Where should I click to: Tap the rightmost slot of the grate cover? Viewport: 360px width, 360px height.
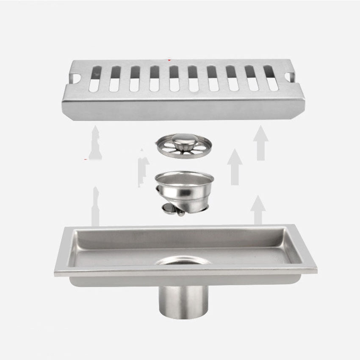[271, 78]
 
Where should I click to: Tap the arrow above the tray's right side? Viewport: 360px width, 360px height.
[258, 210]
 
